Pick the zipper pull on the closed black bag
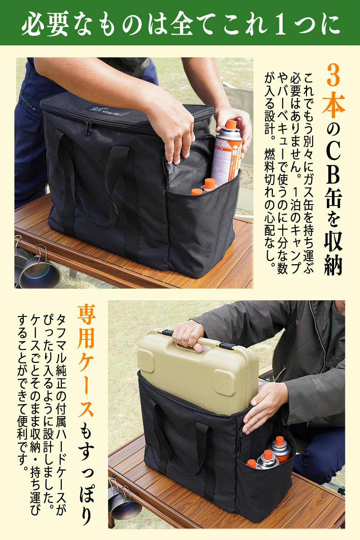point(87,128)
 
